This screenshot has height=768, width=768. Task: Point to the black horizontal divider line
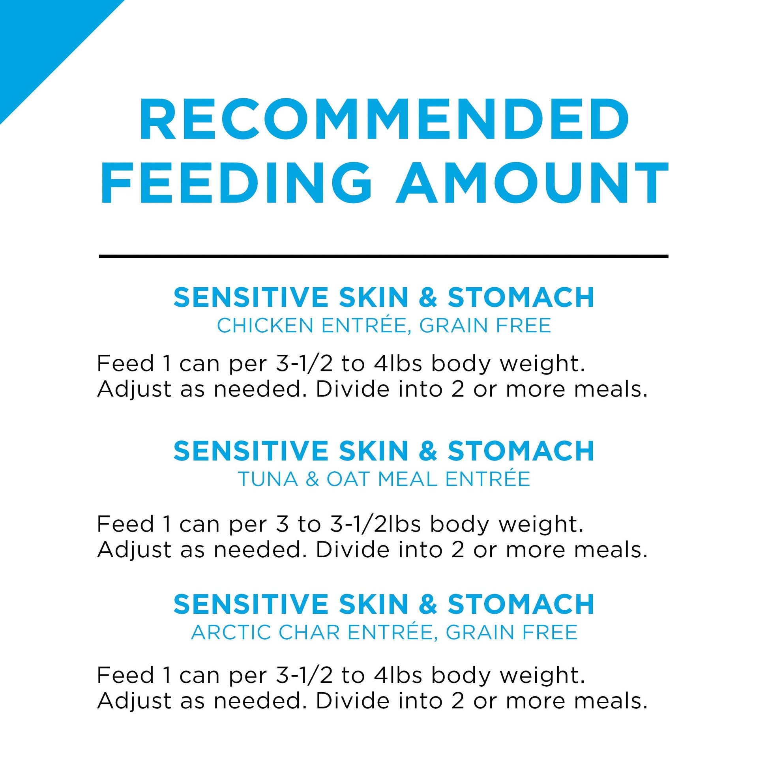point(384,257)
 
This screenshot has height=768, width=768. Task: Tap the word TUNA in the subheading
point(268,479)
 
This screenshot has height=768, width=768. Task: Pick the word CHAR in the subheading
point(309,633)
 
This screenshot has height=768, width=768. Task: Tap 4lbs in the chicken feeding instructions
point(398,363)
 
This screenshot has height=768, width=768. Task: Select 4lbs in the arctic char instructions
point(398,675)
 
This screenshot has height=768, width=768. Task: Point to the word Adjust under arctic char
point(134,701)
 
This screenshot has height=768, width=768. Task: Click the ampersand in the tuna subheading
point(313,479)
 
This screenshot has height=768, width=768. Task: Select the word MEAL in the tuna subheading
point(407,479)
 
